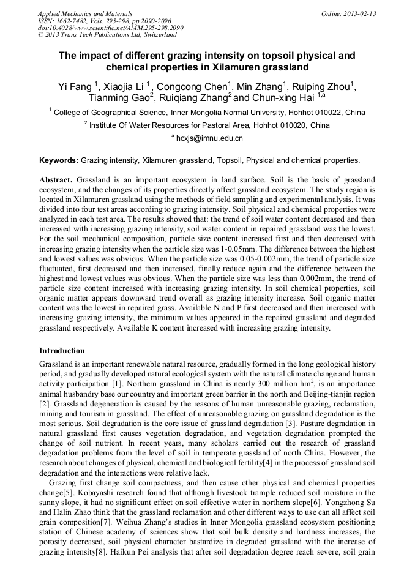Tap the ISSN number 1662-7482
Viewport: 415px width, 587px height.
click(72, 20)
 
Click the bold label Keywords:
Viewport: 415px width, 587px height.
click(59, 160)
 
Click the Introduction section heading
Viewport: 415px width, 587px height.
click(62, 351)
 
